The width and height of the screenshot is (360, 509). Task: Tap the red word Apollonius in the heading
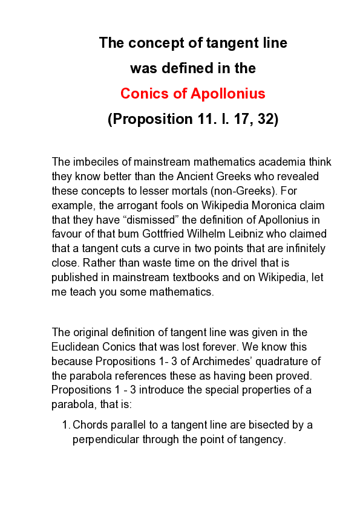[x=228, y=94]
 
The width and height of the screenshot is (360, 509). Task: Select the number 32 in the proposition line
[x=264, y=119]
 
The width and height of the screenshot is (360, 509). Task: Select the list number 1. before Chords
[x=66, y=425]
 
